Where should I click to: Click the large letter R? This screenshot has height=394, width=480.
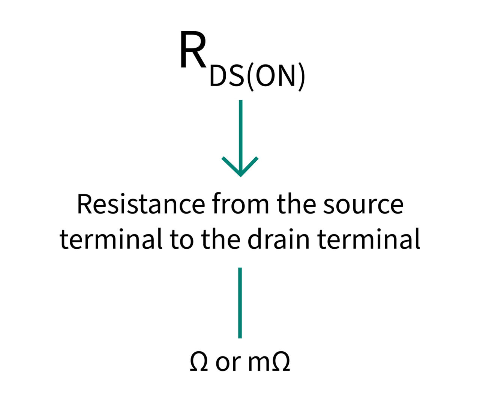point(193,51)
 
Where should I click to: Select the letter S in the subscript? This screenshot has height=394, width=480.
point(235,77)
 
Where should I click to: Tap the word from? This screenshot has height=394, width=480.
point(240,205)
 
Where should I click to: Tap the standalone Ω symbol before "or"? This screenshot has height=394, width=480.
point(199,362)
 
